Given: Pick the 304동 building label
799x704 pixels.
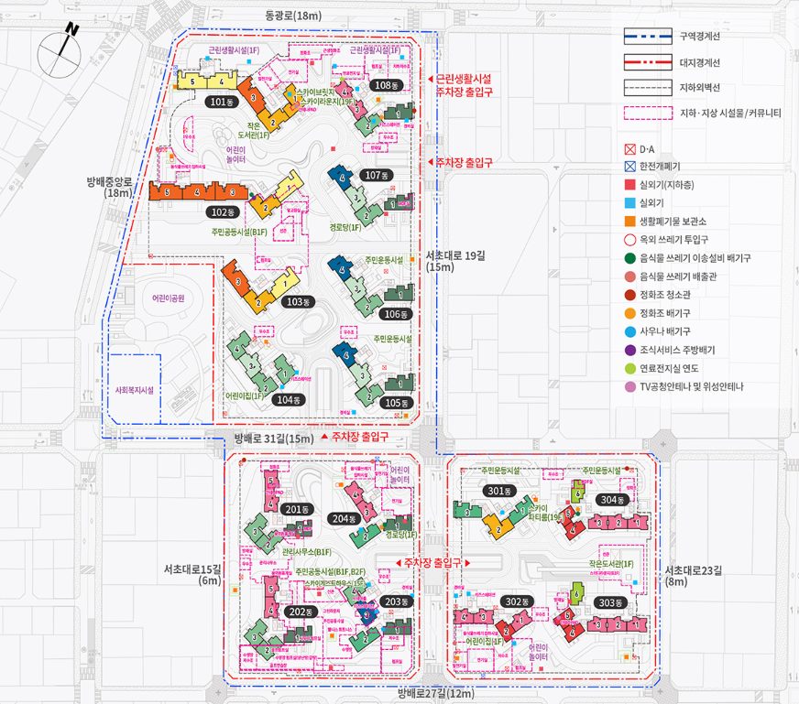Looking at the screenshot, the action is click(x=610, y=500).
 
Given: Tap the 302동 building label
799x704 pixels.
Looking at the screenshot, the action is click(x=519, y=601).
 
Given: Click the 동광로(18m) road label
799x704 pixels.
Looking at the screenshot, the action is click(x=293, y=15).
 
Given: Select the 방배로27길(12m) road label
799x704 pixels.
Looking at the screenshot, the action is click(x=436, y=694).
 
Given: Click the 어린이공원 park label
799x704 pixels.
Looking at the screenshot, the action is click(x=169, y=298).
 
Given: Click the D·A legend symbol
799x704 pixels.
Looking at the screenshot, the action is click(x=628, y=149).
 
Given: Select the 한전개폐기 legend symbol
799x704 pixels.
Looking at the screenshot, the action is click(x=628, y=167).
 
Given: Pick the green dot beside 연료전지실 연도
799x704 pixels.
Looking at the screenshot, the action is click(x=628, y=368).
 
